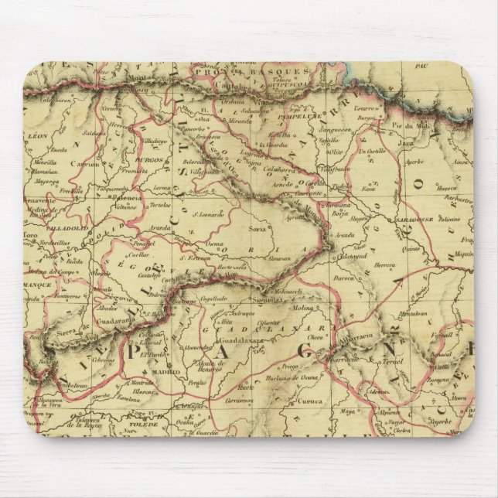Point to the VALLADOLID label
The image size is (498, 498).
tap(69, 229)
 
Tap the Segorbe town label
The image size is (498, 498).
tap(441, 424)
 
